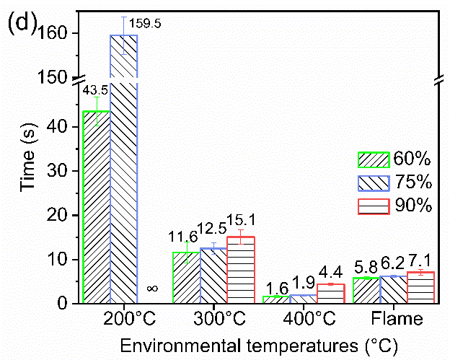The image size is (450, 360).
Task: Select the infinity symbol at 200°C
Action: [x=152, y=289]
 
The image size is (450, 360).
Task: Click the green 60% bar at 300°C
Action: [x=186, y=278]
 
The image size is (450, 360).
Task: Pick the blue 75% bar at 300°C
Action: [x=213, y=276]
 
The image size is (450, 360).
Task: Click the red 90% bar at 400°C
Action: [x=330, y=294]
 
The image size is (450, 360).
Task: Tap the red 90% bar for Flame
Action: [x=420, y=287]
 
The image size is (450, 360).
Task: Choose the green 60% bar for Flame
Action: [x=366, y=290]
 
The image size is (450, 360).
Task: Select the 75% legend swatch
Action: [x=374, y=183]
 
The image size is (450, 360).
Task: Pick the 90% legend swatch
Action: [x=374, y=206]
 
